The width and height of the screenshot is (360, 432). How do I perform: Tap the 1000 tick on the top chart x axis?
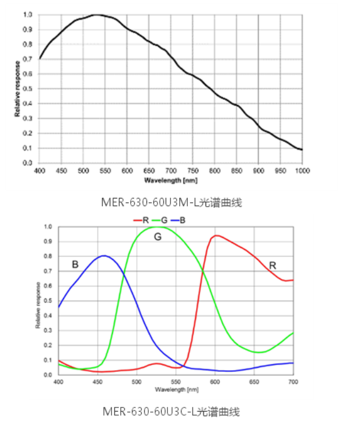301,170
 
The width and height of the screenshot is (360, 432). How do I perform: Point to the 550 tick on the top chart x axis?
105,170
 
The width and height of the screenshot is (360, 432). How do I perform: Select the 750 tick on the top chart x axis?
193,170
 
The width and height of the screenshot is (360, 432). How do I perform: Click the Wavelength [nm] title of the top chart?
171,180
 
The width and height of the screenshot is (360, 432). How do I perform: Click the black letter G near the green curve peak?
158,237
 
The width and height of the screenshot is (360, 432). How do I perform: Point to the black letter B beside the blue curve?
75,264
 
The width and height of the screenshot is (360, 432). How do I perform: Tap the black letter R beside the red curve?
272,266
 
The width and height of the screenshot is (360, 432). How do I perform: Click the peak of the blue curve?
104,256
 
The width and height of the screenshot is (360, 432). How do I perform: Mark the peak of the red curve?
216,236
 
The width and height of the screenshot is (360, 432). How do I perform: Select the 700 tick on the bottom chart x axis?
293,382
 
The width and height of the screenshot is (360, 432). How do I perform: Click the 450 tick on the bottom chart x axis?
97,382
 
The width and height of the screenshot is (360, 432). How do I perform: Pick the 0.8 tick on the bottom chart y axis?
48,256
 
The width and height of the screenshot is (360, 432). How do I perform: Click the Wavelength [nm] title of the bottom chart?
176,389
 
